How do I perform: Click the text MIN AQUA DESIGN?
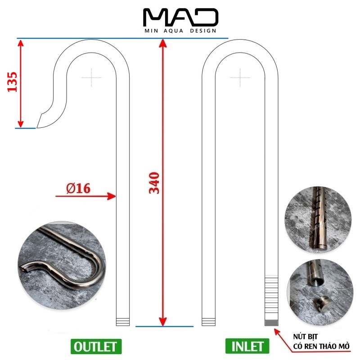[x=180, y=31]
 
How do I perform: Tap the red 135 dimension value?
[x=13, y=81]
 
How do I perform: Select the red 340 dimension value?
[x=154, y=182]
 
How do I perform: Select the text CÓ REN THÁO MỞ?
[x=321, y=347]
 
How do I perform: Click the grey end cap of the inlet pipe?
[x=271, y=322]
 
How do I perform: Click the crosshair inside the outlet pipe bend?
[x=91, y=77]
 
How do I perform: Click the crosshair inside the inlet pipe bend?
[x=240, y=77]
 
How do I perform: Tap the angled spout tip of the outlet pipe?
[x=40, y=122]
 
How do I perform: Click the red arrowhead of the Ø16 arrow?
[x=112, y=196]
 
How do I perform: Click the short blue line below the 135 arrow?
[x=25, y=128]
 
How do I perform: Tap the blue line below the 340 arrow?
[x=164, y=326]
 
